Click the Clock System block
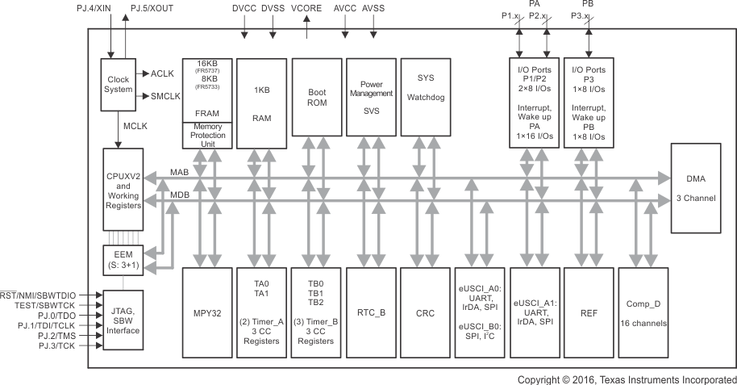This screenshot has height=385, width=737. pos(118,83)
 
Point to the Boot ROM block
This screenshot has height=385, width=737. pos(316,103)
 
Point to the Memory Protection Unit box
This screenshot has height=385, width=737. pos(207,135)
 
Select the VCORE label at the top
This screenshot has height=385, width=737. pos(307,8)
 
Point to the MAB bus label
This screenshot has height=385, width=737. pos(181,172)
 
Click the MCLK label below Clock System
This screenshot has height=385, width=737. pos(134,126)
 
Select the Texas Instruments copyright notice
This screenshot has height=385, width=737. pos(627,379)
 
